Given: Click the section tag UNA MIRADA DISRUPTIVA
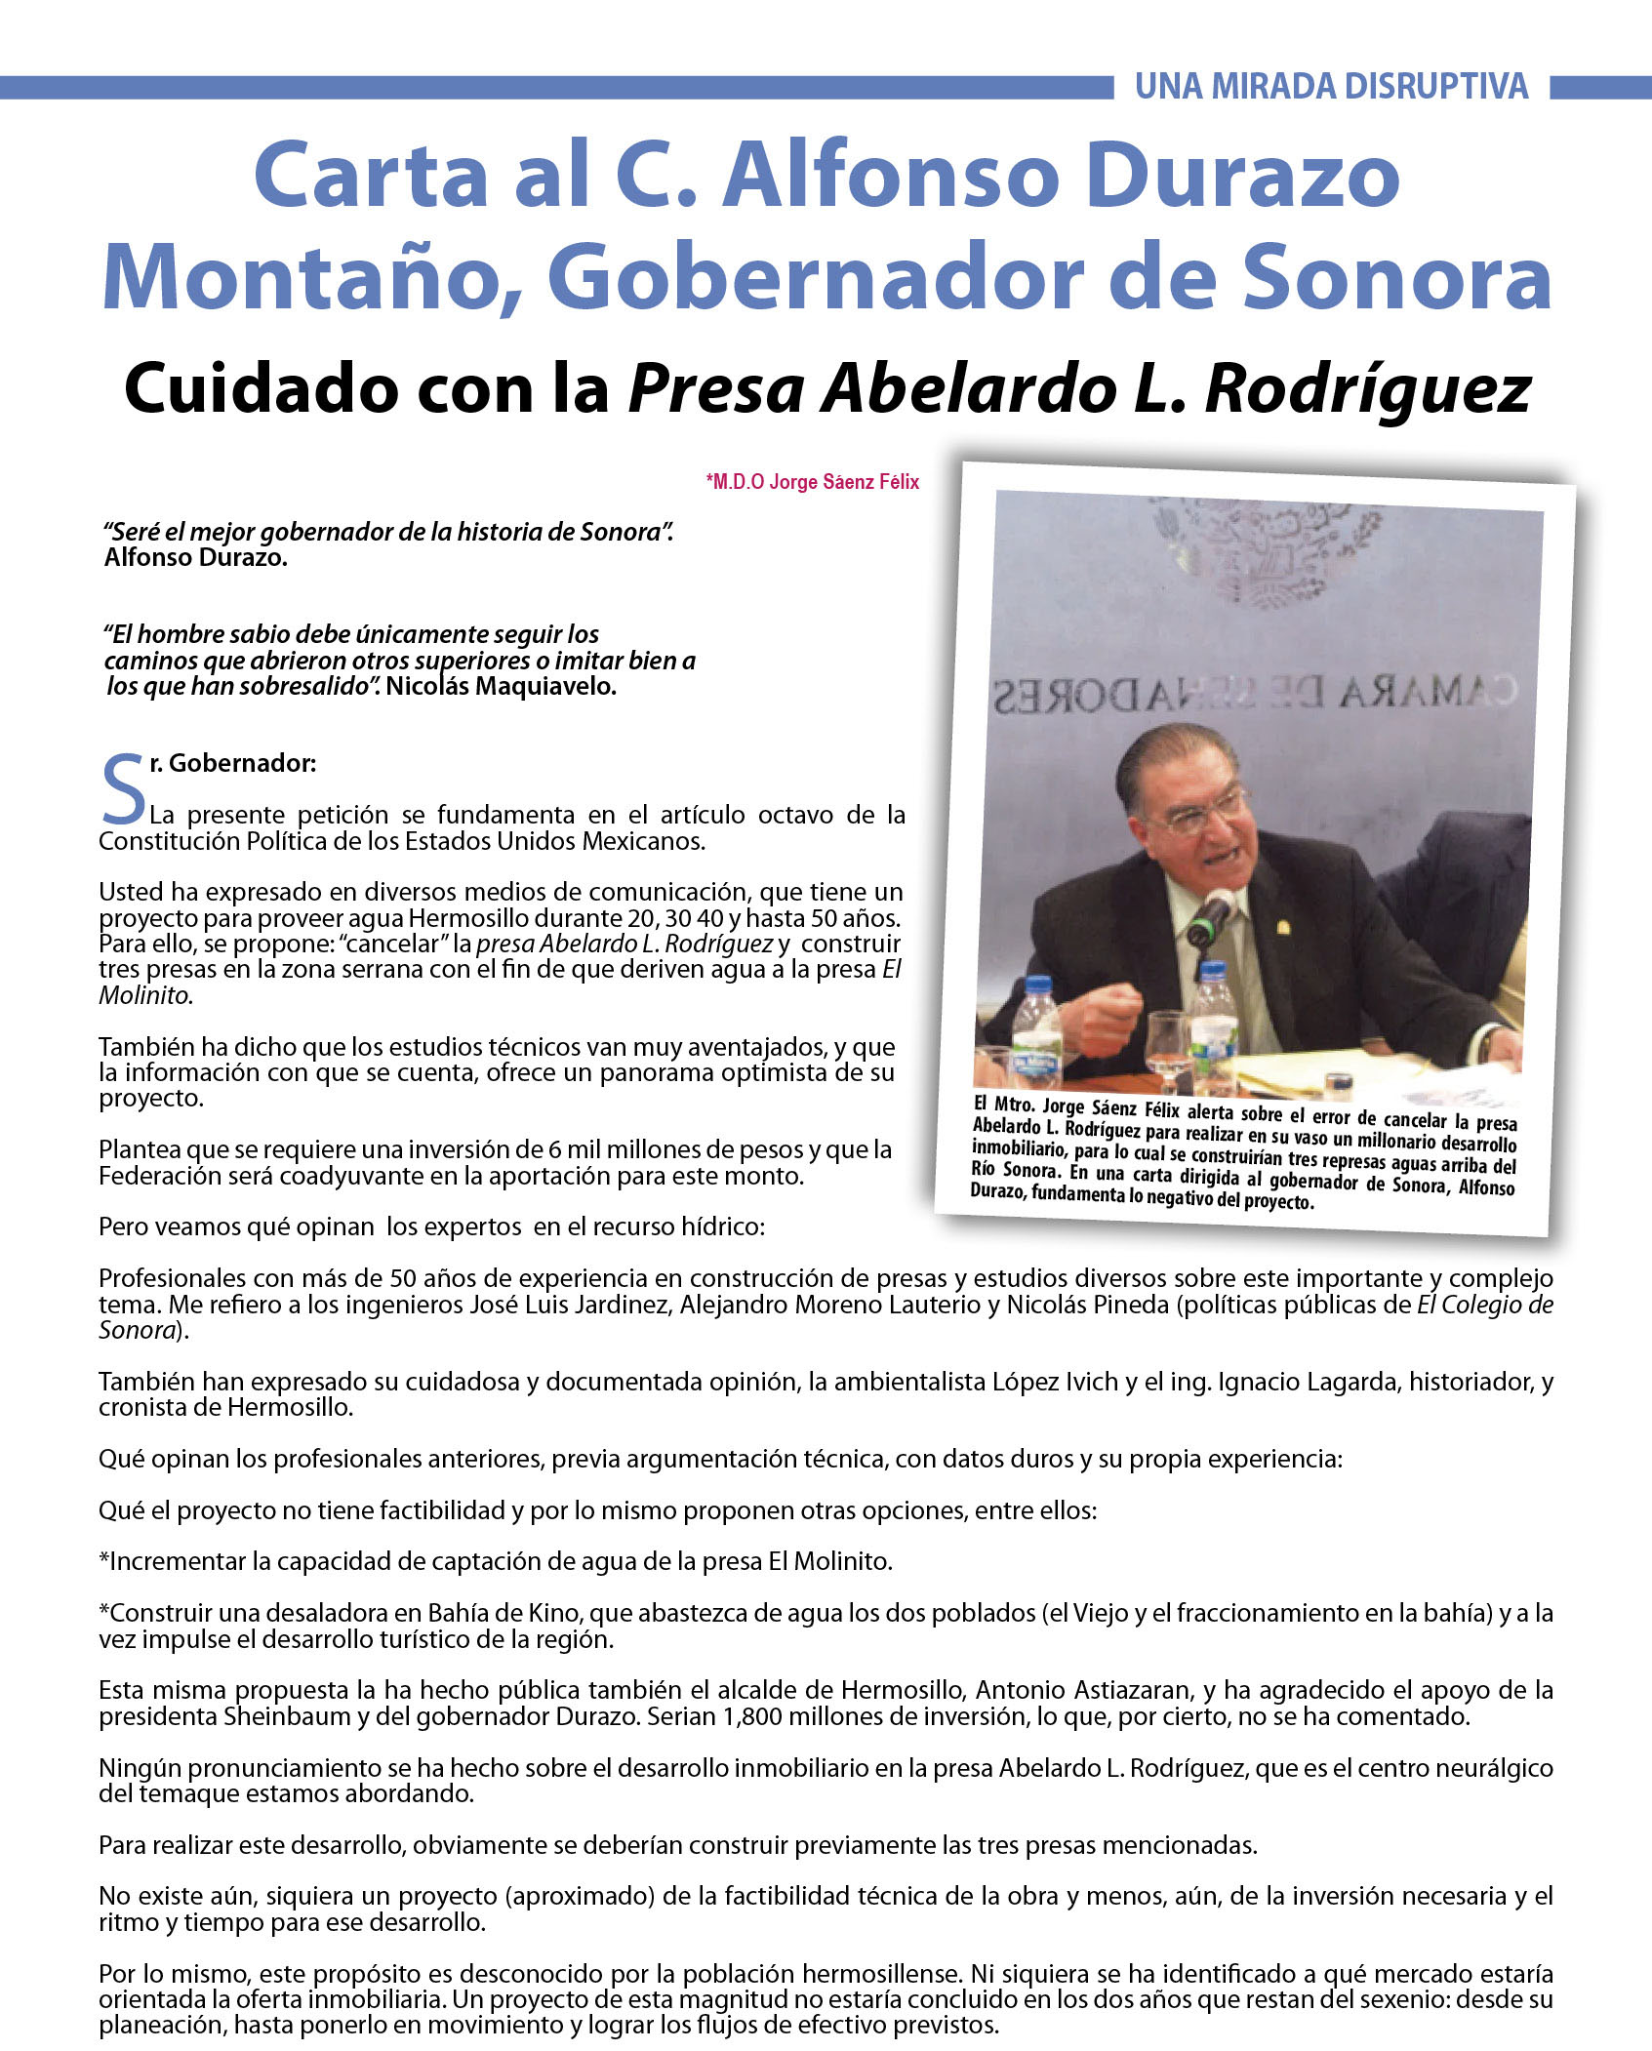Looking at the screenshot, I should [1331, 87].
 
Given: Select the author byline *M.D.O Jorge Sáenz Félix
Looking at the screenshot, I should [812, 482].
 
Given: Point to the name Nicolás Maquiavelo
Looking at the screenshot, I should [501, 686].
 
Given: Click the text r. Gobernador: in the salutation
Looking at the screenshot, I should [233, 764].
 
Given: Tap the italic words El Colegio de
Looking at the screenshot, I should [1484, 1305].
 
